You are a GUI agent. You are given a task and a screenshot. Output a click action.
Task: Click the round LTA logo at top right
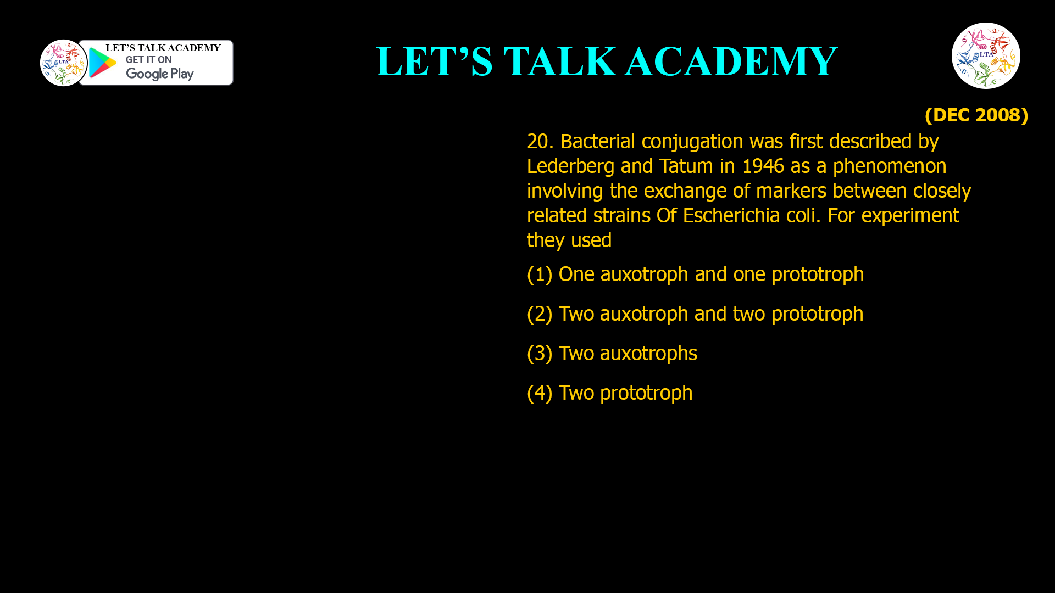(986, 55)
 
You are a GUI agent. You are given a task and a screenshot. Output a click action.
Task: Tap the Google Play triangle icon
(102, 63)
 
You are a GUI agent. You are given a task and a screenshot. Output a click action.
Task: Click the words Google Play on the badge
(159, 74)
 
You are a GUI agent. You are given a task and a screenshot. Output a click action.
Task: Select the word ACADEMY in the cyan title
(731, 61)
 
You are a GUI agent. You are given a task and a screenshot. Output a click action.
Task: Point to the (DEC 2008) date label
(976, 115)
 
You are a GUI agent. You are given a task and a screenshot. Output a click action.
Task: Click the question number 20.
(540, 142)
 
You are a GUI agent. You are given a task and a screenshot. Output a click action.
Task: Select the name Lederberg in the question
(570, 166)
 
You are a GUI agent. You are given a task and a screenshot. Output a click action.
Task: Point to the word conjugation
(692, 142)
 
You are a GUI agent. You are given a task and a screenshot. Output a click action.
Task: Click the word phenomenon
(889, 166)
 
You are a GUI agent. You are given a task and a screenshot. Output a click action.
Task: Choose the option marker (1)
(539, 274)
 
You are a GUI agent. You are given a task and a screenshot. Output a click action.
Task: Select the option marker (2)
(539, 314)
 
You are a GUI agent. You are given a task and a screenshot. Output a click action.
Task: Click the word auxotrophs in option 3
(648, 353)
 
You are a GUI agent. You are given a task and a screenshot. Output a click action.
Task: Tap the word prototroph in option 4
(646, 393)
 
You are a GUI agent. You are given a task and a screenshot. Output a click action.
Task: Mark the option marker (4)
(539, 393)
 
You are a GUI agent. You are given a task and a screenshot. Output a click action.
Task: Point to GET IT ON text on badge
(148, 60)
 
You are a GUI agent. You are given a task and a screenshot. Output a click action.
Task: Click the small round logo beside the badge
(63, 63)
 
